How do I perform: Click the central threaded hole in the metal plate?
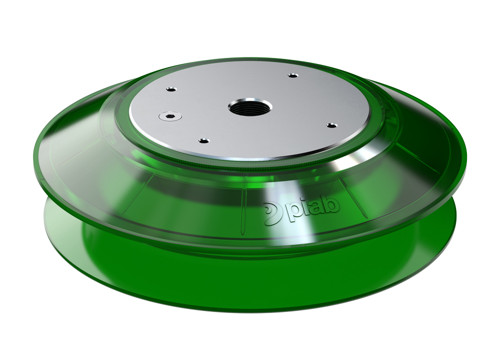coord(250,106)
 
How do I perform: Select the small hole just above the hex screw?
coord(171,89)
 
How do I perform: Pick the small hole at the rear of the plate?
coord(292,76)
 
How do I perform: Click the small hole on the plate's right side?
coord(330,125)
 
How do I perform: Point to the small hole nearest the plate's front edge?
coord(202,140)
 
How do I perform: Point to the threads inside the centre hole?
coord(250,103)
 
